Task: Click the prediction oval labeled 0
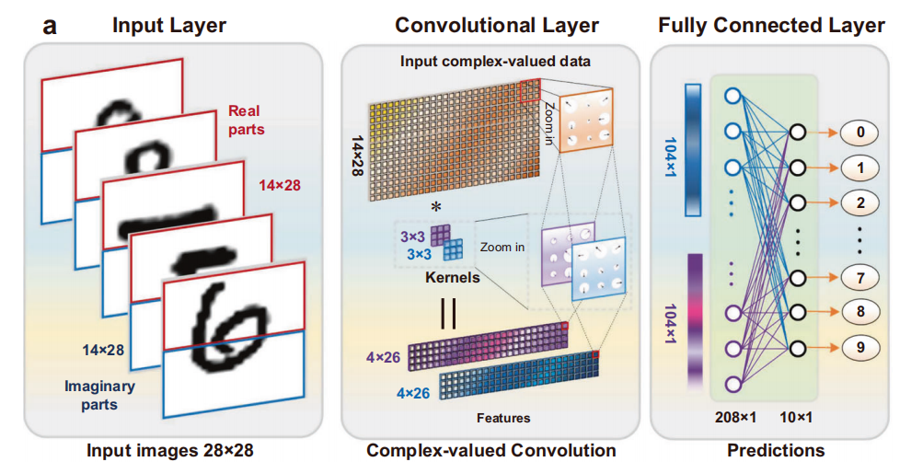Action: point(859,133)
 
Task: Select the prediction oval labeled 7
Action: point(859,277)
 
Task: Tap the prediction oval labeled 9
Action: point(859,348)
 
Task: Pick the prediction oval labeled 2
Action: point(859,202)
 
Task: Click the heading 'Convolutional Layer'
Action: point(497,25)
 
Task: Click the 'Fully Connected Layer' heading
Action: point(771,25)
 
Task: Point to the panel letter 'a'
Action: point(50,26)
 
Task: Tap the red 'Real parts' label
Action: point(246,120)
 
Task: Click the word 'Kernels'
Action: point(453,277)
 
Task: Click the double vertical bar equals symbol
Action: point(448,314)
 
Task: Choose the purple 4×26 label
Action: point(383,357)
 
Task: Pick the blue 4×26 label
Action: point(413,393)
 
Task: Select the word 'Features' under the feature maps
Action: point(503,417)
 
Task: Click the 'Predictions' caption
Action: point(776,450)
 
